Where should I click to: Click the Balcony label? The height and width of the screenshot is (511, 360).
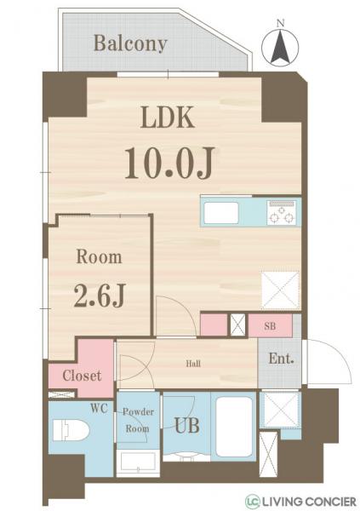130,43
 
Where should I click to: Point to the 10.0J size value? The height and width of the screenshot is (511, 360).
167,162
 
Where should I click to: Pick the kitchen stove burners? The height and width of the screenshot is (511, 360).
280,213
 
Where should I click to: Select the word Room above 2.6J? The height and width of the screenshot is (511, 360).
99,256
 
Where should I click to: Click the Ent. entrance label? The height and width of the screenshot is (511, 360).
281,359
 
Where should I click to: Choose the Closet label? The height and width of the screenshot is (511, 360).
82,375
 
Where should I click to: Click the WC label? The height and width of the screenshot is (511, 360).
100,408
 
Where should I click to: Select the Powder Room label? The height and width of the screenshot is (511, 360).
137,420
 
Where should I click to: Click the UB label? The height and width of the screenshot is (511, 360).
187,425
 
